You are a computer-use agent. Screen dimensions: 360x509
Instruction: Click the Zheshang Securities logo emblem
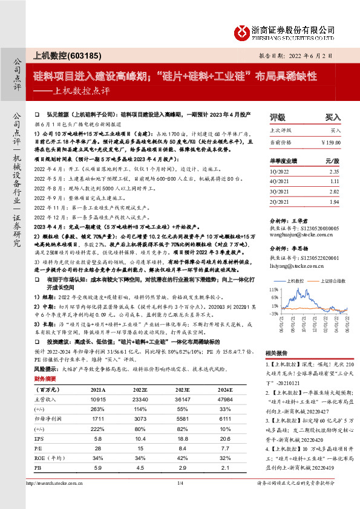pos(243,33)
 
